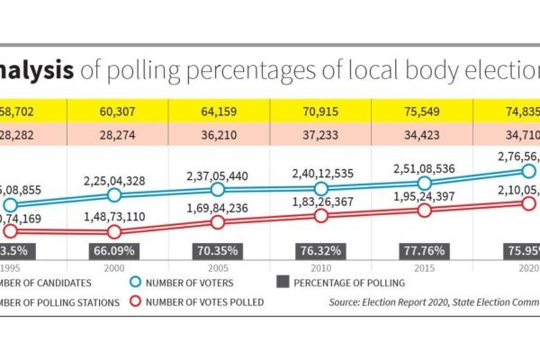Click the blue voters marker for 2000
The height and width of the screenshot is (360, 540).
tap(113, 195)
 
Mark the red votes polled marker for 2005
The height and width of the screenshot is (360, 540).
tap(217, 221)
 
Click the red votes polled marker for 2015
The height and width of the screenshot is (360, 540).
tap(424, 210)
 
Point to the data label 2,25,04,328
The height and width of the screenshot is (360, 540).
tap(113, 179)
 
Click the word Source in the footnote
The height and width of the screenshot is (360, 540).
tap(351, 302)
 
